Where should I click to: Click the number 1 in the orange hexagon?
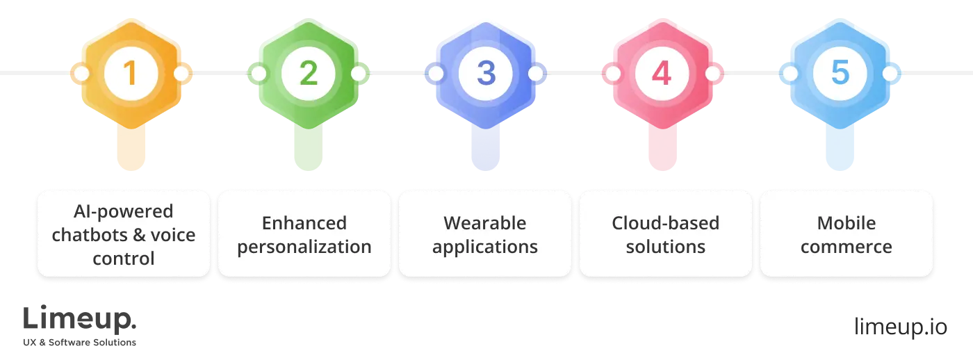(129, 73)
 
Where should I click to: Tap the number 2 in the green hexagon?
(308, 73)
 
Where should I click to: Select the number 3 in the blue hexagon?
(485, 73)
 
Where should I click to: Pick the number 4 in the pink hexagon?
(662, 73)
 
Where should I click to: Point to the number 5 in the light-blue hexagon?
(840, 73)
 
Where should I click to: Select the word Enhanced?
(304, 223)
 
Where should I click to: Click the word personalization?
(304, 247)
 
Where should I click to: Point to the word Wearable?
(485, 223)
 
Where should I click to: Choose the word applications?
(485, 247)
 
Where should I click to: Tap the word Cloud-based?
(665, 223)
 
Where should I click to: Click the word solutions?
(665, 247)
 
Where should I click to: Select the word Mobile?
(846, 223)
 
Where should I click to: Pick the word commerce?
(846, 247)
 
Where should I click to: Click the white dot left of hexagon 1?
(81, 73)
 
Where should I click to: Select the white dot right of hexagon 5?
(890, 73)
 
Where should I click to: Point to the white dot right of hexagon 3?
(535, 73)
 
